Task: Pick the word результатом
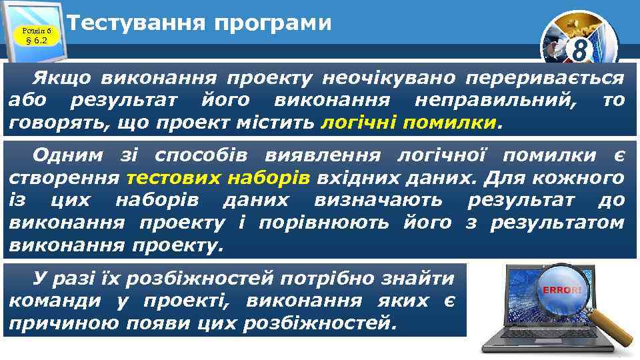(557, 222)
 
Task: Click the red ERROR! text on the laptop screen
(562, 290)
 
